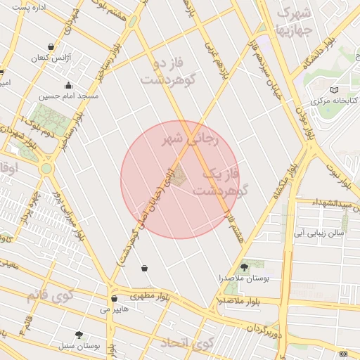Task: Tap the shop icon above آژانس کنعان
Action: [49, 46]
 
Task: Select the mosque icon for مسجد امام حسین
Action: [67, 85]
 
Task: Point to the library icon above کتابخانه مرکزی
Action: [334, 89]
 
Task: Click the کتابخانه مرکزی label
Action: [335, 101]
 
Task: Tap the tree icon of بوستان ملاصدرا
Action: [244, 266]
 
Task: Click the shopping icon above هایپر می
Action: [114, 298]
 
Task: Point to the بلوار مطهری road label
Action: [146, 295]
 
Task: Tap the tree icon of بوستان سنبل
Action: [78, 335]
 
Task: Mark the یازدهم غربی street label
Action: [210, 49]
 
